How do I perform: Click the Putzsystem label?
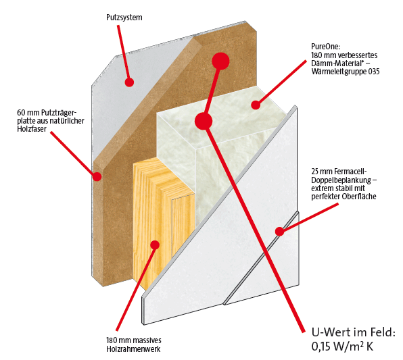coord(124,18)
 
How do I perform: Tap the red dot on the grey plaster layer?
coord(129,82)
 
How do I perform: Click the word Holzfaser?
coord(32,129)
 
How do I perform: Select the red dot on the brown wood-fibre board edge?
coord(97,176)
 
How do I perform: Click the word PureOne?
coord(326,47)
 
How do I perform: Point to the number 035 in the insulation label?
coord(374,71)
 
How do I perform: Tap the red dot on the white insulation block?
coord(256,105)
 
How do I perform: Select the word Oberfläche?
coord(359,197)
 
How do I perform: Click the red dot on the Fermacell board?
coord(280,232)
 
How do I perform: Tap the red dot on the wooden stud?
coord(155,245)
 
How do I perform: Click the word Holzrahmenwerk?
coord(133,349)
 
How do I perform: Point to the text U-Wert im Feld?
coord(353,332)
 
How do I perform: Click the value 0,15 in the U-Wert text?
coord(321,346)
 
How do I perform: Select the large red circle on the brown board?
coord(220,61)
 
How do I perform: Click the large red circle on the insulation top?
coord(204,121)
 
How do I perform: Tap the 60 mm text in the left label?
coord(28,113)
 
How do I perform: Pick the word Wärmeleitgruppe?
coord(339,72)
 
